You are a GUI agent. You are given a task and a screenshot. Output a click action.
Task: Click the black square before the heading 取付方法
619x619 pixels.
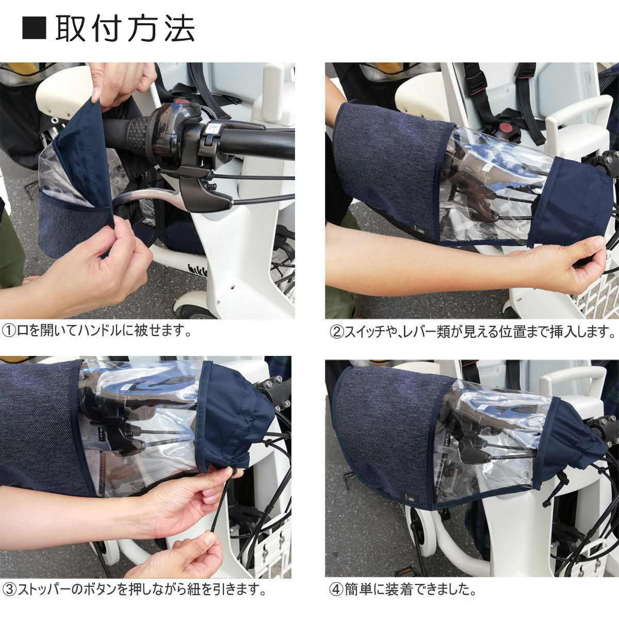(x=34, y=28)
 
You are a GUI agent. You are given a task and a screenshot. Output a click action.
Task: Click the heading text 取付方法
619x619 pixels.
(x=125, y=28)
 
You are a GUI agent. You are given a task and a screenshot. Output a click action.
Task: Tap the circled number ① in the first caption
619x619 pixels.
(x=9, y=331)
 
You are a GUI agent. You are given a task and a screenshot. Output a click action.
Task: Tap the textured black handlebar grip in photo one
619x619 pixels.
(x=125, y=133)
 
